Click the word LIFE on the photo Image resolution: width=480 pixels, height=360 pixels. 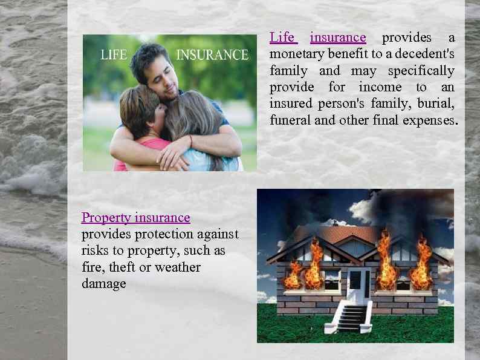pos(114,55)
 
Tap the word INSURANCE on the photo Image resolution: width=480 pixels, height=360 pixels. pos(212,55)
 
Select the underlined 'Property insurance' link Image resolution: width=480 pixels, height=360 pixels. pos(136,218)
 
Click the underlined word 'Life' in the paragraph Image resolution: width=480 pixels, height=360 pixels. pos(282,38)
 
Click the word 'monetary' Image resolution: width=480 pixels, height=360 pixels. pos(296,54)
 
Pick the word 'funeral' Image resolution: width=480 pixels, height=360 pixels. pos(290,120)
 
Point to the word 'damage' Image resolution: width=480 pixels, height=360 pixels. pos(104,284)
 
